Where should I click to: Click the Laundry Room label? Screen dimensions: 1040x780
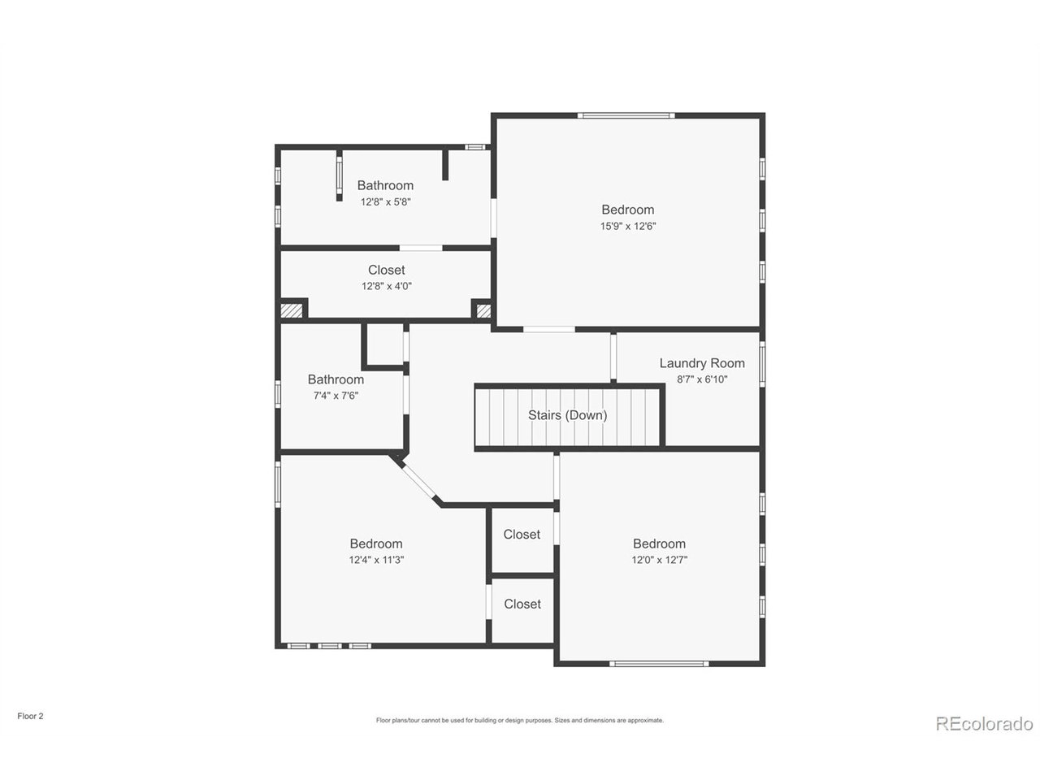pos(701,363)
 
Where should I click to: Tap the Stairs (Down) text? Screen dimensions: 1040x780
pos(567,415)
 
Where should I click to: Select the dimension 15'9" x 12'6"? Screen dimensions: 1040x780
pos(627,226)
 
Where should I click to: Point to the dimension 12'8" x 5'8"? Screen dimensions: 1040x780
pos(385,201)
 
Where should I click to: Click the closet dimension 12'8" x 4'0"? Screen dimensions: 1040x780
pos(386,286)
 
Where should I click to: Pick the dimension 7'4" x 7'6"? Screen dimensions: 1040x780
pos(336,396)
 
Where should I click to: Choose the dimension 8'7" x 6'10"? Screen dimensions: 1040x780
pos(701,379)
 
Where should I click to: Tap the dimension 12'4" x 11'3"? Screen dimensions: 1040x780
pos(376,560)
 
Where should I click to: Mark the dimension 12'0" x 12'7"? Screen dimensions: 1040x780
pos(659,560)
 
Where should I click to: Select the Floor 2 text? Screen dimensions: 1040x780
pos(30,716)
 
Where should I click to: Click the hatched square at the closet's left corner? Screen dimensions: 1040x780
pos(292,310)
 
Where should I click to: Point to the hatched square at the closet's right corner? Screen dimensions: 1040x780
pos(483,310)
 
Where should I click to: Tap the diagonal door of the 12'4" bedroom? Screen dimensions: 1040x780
pos(418,481)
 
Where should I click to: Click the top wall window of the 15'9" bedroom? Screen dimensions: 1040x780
pos(626,115)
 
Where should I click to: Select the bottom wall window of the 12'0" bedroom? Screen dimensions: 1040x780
pos(659,664)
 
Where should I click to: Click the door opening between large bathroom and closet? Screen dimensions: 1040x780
pos(421,248)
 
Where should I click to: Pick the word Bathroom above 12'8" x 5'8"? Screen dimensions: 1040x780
pos(385,185)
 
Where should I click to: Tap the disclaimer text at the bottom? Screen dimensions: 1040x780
pos(520,721)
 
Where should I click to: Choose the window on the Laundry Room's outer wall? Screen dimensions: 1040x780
pos(762,364)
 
